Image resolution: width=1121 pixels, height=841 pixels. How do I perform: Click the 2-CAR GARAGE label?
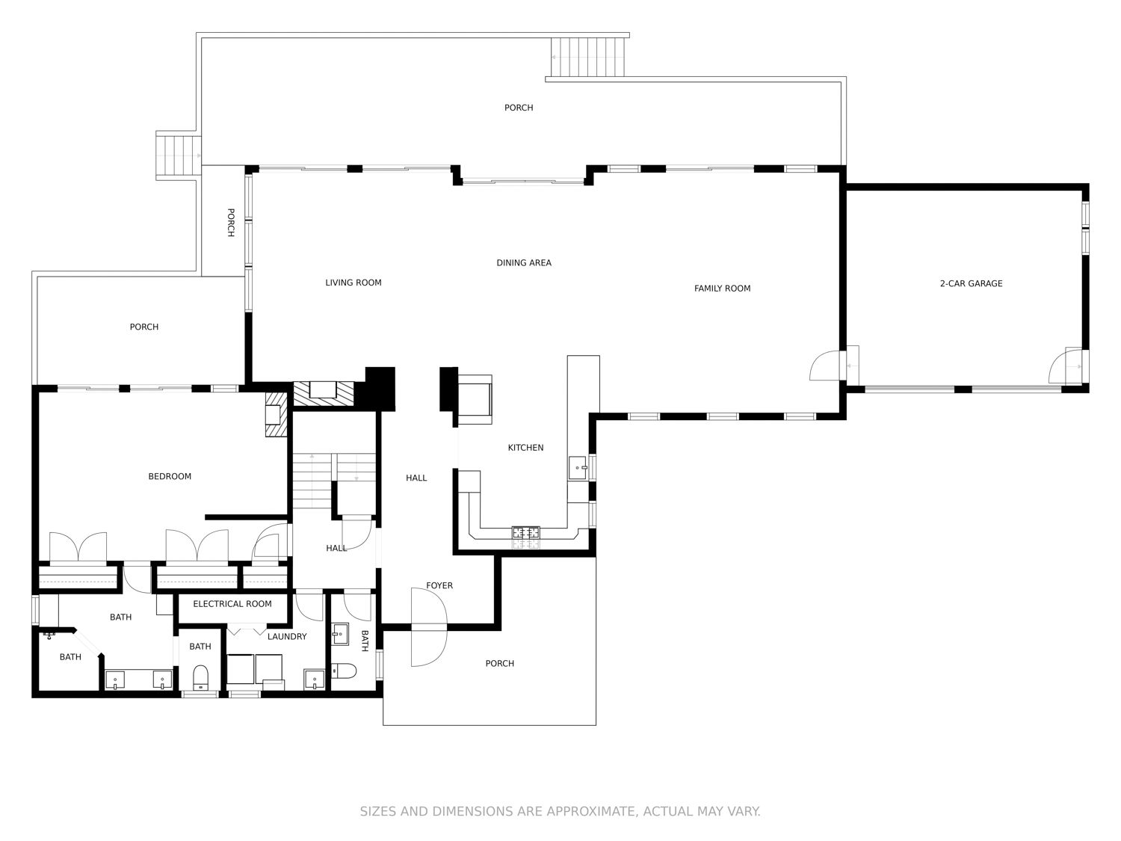(971, 283)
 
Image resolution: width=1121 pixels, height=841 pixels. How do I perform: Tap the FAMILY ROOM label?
(722, 289)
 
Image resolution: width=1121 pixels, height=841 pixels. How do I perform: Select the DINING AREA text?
(524, 263)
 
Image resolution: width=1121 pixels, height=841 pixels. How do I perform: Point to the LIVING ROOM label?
(353, 283)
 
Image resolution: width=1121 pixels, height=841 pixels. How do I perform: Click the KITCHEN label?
(525, 448)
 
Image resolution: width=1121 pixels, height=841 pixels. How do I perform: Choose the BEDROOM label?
(170, 476)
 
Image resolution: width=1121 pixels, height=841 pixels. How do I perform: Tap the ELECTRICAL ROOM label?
(232, 604)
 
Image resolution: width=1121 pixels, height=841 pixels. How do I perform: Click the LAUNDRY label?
(287, 637)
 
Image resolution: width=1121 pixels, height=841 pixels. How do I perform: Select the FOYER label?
(439, 585)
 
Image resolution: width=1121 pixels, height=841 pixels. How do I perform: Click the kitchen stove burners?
(526, 532)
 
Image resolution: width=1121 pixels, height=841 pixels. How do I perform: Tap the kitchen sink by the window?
(578, 468)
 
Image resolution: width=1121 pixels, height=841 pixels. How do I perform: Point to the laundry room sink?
(314, 679)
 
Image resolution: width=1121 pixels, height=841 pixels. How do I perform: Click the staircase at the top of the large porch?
(589, 58)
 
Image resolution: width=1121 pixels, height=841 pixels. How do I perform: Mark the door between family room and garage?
(826, 365)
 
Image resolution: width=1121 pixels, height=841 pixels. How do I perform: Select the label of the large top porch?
(519, 108)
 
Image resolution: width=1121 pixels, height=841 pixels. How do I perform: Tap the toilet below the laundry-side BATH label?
(200, 677)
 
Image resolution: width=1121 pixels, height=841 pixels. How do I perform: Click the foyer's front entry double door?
(429, 627)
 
